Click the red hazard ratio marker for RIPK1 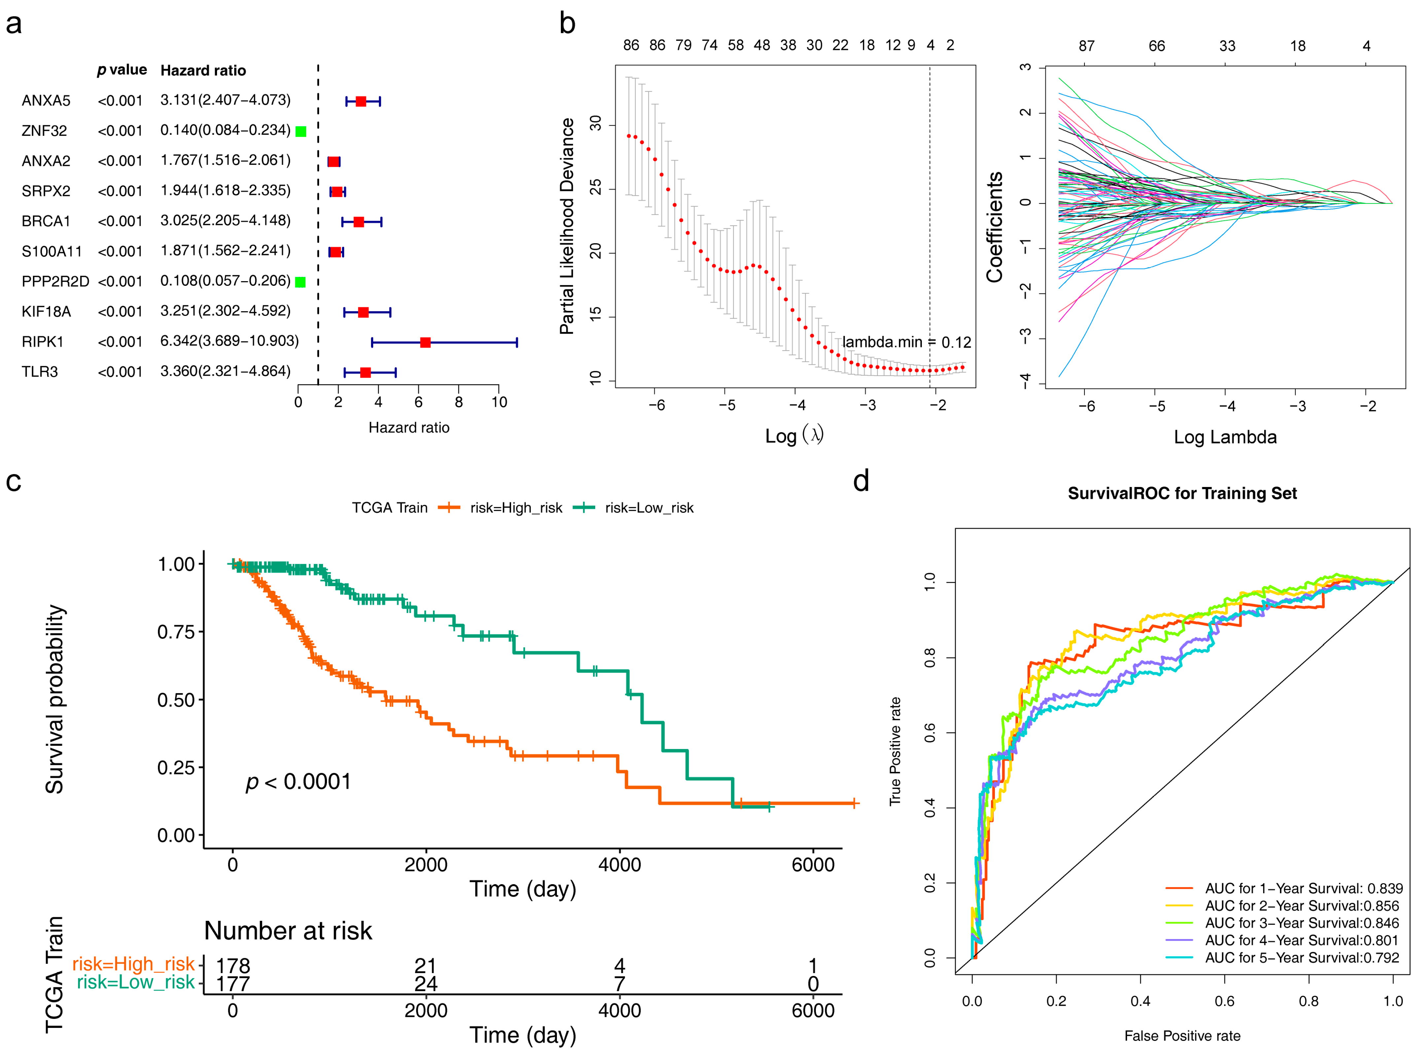425,343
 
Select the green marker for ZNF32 301,132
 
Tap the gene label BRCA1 46,221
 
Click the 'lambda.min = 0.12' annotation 906,343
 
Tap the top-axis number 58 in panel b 736,45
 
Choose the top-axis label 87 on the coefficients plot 1086,46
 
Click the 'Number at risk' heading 288,931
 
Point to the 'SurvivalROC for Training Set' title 1182,493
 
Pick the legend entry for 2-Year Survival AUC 1301,906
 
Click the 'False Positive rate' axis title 1182,1035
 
